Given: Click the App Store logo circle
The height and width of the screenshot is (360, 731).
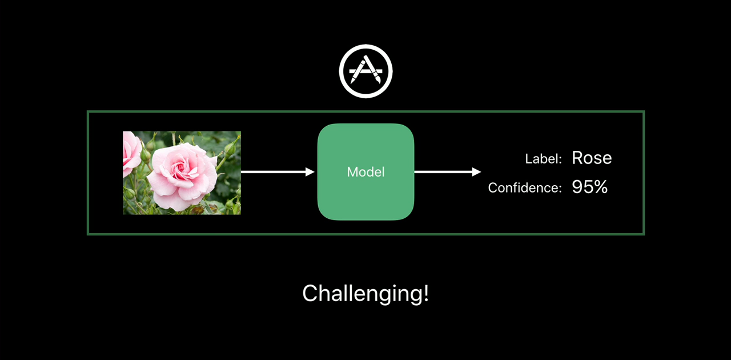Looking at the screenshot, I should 365,71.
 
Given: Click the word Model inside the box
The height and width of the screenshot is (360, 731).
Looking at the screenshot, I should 365,172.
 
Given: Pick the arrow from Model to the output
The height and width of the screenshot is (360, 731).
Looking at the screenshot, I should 445,171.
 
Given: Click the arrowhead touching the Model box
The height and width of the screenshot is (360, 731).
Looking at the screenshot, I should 311,171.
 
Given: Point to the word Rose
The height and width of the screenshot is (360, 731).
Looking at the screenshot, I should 592,158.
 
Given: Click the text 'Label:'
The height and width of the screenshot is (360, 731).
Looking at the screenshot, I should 543,159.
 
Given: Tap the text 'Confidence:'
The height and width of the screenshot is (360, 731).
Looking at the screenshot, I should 524,187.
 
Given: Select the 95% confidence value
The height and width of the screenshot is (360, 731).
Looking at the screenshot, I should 589,187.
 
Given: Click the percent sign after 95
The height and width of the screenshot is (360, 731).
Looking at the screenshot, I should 600,187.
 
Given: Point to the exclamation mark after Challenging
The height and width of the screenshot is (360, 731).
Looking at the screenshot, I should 425,293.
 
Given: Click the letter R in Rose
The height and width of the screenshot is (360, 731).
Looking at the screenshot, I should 577,158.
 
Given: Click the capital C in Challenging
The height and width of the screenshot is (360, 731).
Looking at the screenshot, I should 309,294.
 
